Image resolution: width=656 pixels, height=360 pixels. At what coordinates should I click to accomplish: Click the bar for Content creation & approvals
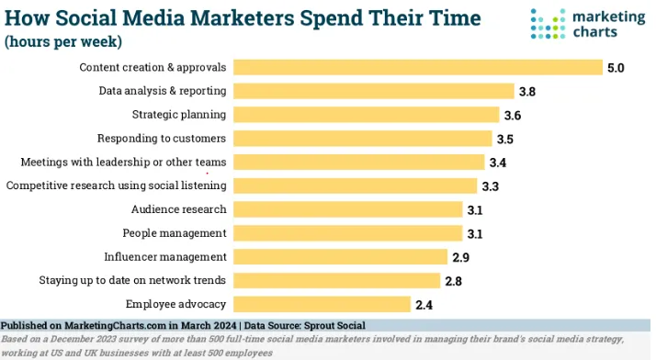point(417,67)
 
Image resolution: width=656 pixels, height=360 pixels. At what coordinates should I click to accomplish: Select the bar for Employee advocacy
point(322,304)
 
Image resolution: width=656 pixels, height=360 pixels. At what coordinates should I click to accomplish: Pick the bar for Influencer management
point(340,256)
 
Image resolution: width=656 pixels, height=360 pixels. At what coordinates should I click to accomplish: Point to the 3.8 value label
point(528,92)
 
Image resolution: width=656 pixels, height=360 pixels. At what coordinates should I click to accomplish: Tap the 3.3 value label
point(492,186)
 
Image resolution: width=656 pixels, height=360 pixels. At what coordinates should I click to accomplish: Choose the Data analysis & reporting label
point(163,91)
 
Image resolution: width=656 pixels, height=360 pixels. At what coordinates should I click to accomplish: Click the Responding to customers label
point(162,139)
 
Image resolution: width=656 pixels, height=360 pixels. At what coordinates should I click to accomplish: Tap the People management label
point(175,233)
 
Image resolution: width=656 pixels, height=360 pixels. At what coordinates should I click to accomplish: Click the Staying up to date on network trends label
point(132,280)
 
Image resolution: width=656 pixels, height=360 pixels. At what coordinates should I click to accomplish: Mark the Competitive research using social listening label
point(116,186)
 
